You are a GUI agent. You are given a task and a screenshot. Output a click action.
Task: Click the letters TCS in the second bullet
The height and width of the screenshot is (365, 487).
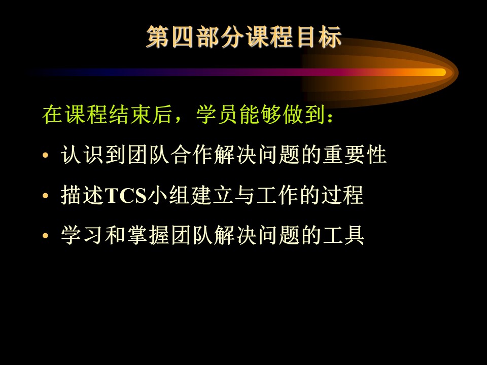(126, 196)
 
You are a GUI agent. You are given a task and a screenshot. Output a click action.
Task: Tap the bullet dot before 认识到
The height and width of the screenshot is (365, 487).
(46, 155)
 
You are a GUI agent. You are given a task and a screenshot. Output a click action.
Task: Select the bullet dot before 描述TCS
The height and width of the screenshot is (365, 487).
(46, 196)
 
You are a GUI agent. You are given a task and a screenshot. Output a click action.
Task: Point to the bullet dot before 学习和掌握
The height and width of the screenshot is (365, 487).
(46, 236)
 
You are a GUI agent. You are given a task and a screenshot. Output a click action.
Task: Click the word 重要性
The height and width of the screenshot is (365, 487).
(355, 155)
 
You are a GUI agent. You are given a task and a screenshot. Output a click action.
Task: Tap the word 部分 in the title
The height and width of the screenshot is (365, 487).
(219, 37)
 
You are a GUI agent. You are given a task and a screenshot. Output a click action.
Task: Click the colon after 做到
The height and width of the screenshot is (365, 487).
(330, 117)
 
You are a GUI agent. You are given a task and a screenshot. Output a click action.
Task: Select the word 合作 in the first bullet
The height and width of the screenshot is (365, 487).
(191, 155)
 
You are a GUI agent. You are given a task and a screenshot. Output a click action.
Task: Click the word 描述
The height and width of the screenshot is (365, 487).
(82, 196)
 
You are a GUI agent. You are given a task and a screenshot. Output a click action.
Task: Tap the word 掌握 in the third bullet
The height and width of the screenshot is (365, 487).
(148, 236)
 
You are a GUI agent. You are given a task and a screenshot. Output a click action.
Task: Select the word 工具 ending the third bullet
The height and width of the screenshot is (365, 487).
(343, 236)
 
